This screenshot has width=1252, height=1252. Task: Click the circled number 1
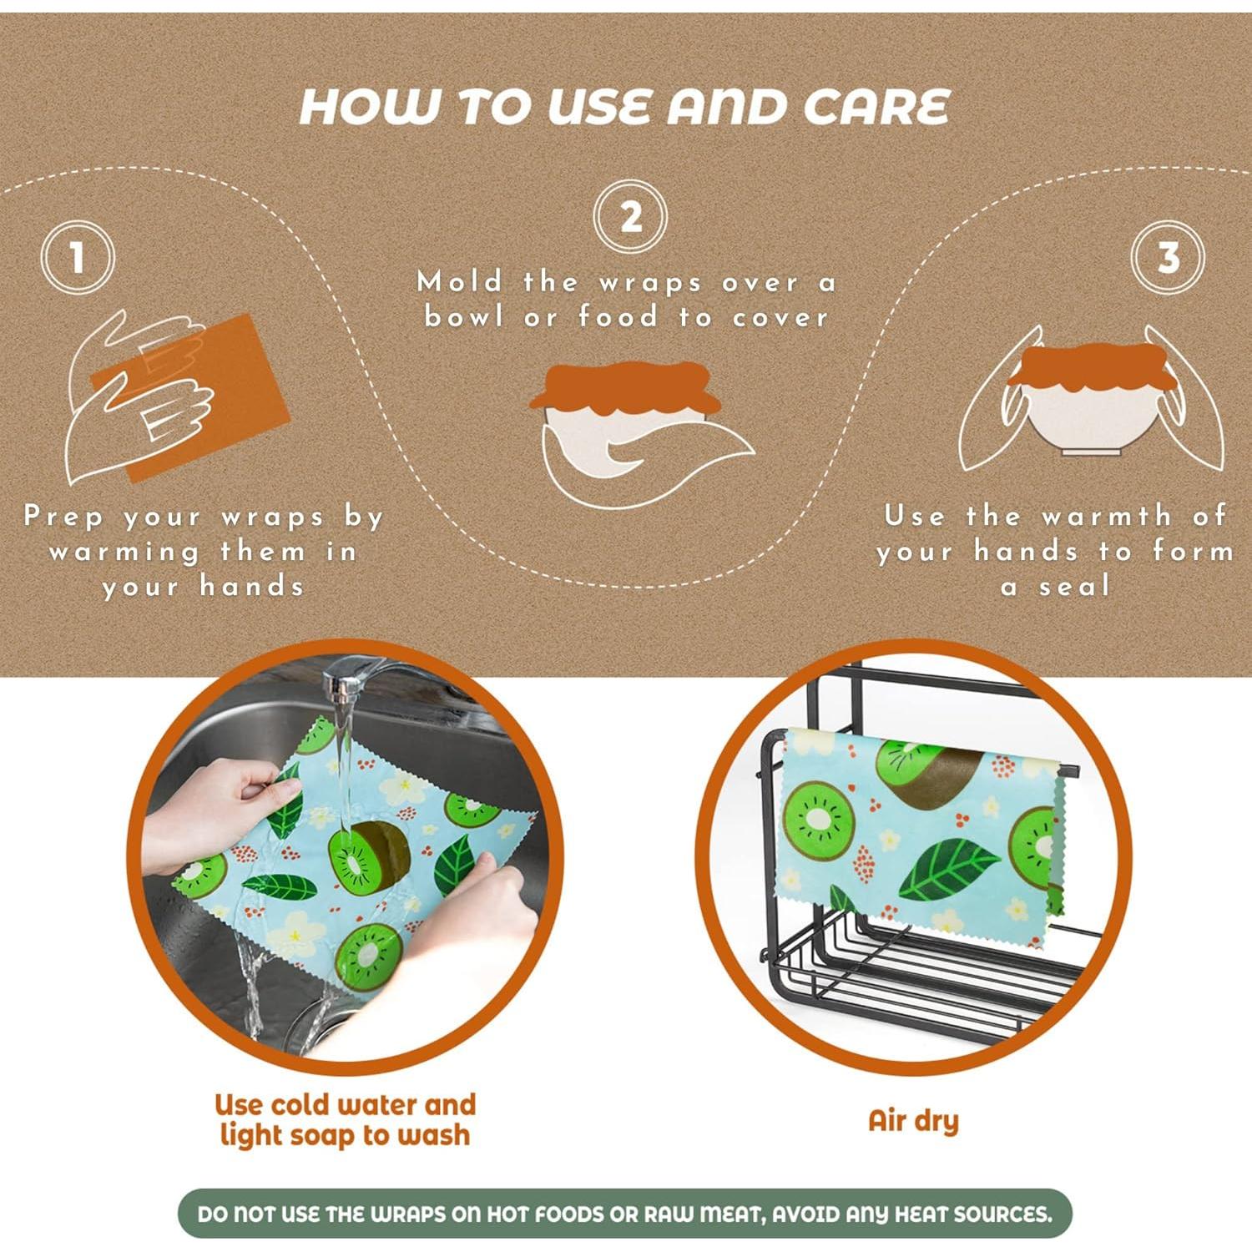[78, 257]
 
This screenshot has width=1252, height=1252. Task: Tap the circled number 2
[630, 217]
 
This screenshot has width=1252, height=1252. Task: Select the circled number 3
[1168, 257]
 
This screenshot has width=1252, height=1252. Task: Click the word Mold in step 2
[460, 282]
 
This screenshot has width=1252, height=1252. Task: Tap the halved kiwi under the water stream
[368, 856]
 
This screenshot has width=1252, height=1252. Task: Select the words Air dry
[913, 1121]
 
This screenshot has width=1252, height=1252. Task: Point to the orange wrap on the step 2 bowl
[625, 388]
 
